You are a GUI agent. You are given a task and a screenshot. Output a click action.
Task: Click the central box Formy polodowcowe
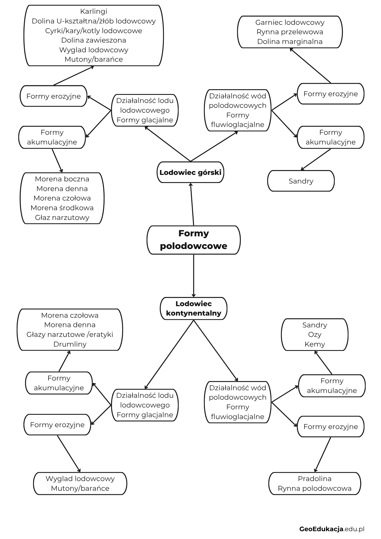tap(193, 240)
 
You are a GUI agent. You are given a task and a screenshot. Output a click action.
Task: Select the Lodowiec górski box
tap(190, 172)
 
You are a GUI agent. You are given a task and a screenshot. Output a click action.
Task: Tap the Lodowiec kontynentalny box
tap(193, 308)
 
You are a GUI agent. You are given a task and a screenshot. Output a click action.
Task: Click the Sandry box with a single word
tap(301, 181)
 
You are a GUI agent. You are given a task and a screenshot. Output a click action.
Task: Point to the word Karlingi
tap(94, 12)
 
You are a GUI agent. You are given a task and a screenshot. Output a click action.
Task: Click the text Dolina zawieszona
tap(94, 40)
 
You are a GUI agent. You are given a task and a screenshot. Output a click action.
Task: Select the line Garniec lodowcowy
tap(290, 22)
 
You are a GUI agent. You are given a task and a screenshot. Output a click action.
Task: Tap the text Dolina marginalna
tap(290, 42)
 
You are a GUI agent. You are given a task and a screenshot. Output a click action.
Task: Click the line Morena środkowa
tap(62, 208)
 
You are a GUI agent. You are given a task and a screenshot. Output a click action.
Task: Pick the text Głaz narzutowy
tap(62, 217)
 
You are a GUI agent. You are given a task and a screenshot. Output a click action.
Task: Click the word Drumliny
tap(70, 344)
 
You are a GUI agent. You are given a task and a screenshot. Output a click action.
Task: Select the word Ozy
tap(315, 334)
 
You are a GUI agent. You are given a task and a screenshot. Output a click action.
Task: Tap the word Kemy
tap(315, 344)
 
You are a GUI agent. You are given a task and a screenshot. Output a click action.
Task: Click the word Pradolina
tap(315, 479)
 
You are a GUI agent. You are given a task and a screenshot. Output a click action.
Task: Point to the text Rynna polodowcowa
tap(315, 488)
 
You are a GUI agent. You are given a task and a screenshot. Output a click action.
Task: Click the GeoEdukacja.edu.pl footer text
tap(332, 529)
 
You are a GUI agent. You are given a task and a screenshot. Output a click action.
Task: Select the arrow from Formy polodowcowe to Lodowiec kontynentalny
tap(193, 276)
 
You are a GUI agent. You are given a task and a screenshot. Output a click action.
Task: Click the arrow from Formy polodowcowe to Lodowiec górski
tap(192, 204)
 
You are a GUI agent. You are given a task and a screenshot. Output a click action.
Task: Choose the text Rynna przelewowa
tap(290, 32)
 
